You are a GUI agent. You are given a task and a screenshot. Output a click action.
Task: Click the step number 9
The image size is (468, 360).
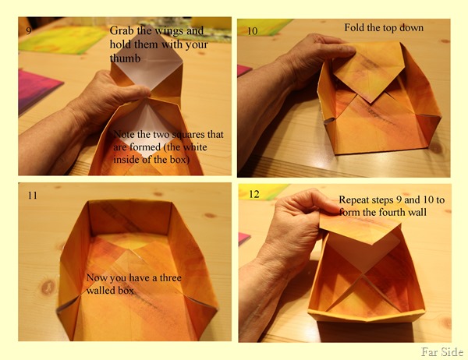pos(29,30)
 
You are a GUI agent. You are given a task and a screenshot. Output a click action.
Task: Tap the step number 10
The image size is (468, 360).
pos(253,31)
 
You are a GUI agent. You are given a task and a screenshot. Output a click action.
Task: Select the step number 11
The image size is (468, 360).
pos(33,196)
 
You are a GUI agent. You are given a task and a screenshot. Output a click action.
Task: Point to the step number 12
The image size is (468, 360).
pos(254,194)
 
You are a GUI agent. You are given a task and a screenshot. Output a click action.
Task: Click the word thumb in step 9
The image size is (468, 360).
pos(125,58)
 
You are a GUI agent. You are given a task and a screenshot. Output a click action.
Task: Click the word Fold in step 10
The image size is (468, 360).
pos(355,28)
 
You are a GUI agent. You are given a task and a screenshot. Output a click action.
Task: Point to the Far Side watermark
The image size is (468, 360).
pos(442,352)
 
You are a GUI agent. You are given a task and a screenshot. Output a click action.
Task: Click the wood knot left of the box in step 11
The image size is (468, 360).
pos(48,288)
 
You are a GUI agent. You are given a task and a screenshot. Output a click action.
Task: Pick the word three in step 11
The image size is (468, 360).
pos(170,278)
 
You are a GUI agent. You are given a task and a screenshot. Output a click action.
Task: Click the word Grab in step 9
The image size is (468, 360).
pos(122,30)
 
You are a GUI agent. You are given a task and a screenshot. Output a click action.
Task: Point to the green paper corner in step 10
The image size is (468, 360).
pos(263,27)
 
